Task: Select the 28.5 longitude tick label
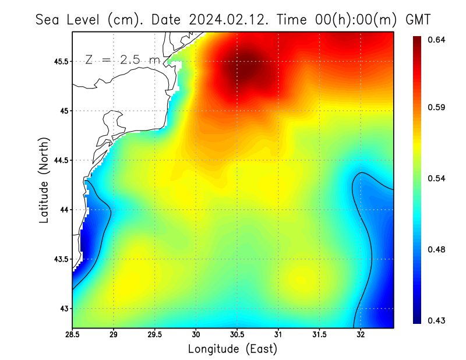tap(73, 335)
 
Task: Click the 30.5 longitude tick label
tap(237, 335)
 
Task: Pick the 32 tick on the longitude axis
tap(361, 335)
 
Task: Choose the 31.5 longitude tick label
tap(319, 335)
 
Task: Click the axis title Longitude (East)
tap(232, 349)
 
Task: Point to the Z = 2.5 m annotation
tap(121, 59)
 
